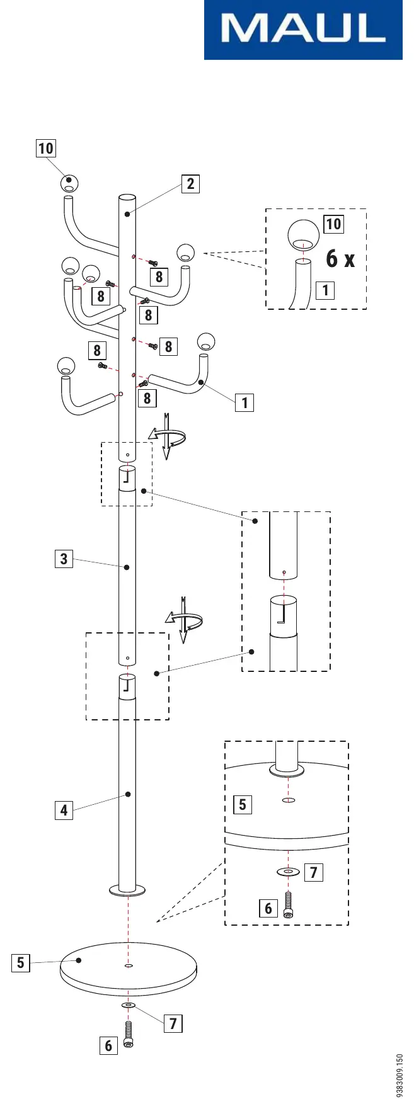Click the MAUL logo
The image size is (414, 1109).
coord(303,30)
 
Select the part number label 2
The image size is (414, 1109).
coord(190,184)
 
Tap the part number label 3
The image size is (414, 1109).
coord(64,559)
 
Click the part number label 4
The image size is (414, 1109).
coord(64,810)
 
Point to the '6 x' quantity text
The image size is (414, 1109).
coord(340,258)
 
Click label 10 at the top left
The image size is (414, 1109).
coord(46,148)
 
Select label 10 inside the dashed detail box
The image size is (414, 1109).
coord(333,224)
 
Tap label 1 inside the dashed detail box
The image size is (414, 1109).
coord(325,290)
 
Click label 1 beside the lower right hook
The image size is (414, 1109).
coord(244,402)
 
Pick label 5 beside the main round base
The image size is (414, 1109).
coord(21,963)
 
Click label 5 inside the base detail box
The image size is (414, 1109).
coord(243,804)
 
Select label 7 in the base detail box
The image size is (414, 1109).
coord(314,872)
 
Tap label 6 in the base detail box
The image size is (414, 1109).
coord(268,908)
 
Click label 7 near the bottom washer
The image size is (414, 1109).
coord(173,1023)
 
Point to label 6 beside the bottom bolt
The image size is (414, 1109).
coord(108,1045)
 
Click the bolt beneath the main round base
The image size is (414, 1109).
coord(129,1035)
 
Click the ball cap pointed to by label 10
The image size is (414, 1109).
coord(70,183)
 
